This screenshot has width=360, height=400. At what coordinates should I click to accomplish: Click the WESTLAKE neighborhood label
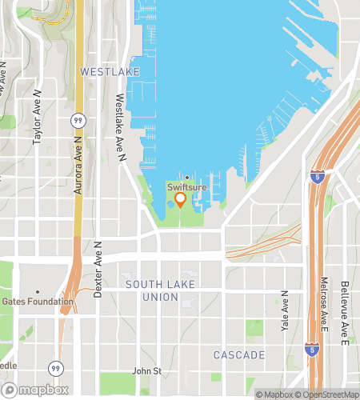click(x=110, y=72)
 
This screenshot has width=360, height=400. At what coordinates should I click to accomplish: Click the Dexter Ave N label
click(x=97, y=270)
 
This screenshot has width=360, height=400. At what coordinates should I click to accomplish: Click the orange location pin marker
click(x=180, y=198)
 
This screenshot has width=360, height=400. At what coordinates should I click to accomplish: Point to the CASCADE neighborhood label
click(x=238, y=354)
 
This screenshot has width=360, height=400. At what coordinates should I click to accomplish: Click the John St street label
click(x=147, y=371)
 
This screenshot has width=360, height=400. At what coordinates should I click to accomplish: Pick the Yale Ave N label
click(x=285, y=311)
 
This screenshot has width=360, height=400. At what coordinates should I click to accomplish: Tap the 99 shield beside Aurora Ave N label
click(x=78, y=119)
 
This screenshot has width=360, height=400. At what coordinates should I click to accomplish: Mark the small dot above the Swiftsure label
click(x=186, y=178)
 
